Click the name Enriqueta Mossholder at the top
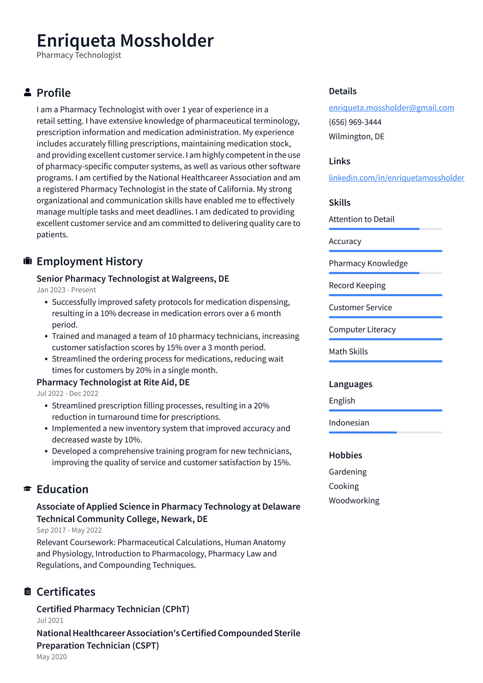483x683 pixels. (125, 41)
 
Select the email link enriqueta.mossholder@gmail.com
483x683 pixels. (391, 108)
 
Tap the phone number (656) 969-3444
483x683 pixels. (355, 122)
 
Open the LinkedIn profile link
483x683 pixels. (396, 177)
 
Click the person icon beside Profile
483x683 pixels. (27, 93)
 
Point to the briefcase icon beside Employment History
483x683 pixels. (27, 261)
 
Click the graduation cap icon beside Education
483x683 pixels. (27, 489)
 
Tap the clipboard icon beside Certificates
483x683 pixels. (27, 591)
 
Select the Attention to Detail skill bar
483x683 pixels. (385, 229)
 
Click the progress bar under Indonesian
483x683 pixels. (385, 432)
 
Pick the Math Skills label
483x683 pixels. (348, 352)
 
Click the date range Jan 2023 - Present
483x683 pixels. (66, 290)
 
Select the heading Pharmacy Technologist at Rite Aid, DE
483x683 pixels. (113, 382)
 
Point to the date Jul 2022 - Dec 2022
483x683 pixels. (67, 394)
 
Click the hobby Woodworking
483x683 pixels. (354, 500)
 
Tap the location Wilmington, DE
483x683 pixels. (356, 136)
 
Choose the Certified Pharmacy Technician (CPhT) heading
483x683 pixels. (113, 609)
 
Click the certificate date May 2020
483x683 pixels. (51, 657)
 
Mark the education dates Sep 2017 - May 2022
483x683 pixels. (69, 530)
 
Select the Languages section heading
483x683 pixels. (350, 384)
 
